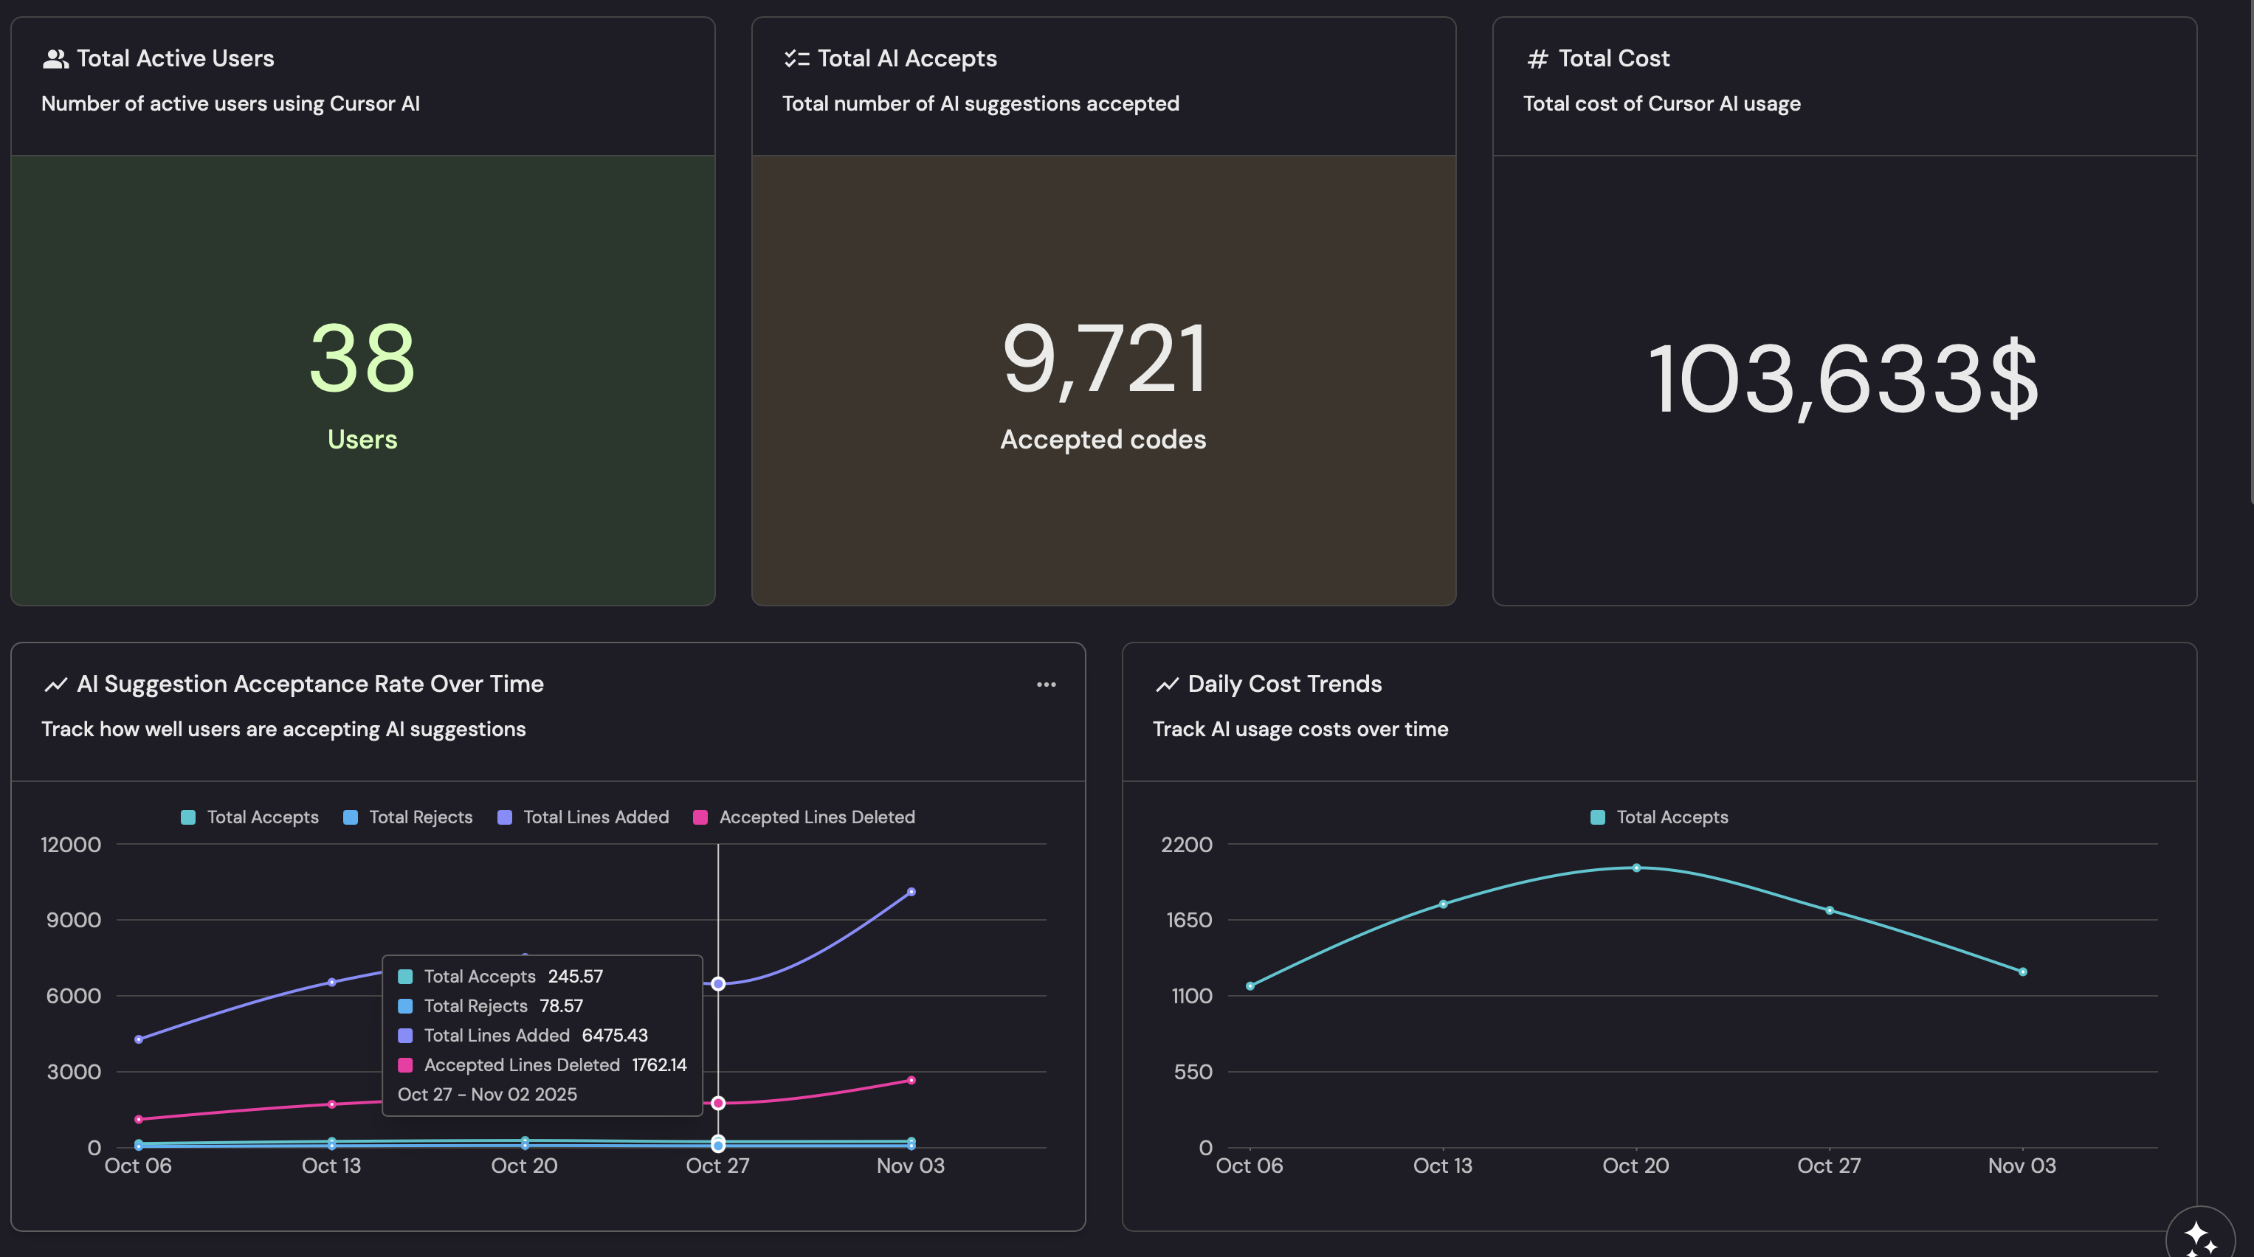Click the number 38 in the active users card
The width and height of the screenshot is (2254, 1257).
pyautogui.click(x=362, y=359)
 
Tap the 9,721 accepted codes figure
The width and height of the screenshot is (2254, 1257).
pyautogui.click(x=1103, y=359)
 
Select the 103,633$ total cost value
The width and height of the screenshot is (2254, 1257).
pyautogui.click(x=1844, y=378)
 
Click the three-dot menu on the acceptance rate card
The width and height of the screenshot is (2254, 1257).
pyautogui.click(x=1046, y=684)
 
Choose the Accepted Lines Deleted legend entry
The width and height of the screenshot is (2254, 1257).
pyautogui.click(x=804, y=817)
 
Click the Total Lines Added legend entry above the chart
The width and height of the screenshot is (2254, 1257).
pyautogui.click(x=583, y=817)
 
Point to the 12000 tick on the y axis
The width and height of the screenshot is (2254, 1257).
pyautogui.click(x=71, y=844)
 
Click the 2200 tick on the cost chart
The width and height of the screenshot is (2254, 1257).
pyautogui.click(x=1187, y=844)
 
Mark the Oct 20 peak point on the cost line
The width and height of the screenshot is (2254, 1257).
pyautogui.click(x=1636, y=868)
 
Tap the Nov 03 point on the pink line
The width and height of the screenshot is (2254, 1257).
pyautogui.click(x=911, y=1080)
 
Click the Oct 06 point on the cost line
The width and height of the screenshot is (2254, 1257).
pyautogui.click(x=1250, y=986)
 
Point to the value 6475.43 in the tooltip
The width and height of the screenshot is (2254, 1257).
pyautogui.click(x=615, y=1035)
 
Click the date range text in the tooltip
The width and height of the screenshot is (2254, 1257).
pyautogui.click(x=487, y=1094)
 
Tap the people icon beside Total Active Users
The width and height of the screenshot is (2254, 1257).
pyautogui.click(x=55, y=58)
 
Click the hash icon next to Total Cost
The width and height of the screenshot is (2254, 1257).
pyautogui.click(x=1537, y=58)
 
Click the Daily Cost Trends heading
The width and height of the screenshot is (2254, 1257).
pyautogui.click(x=1284, y=684)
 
